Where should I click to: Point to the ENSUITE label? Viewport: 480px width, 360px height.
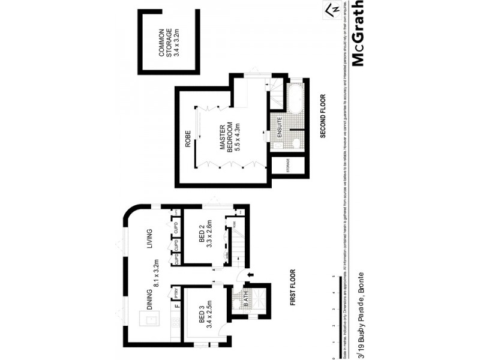click(279, 127)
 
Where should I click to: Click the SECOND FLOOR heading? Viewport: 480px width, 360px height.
click(322, 116)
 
